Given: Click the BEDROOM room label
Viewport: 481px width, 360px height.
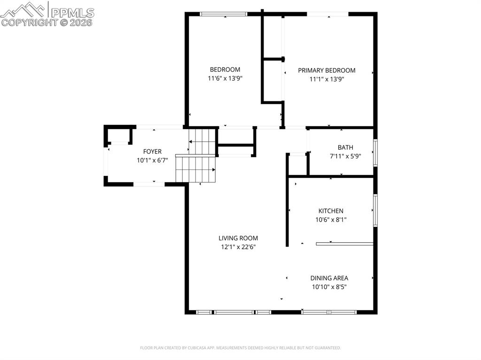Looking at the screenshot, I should coord(225,69).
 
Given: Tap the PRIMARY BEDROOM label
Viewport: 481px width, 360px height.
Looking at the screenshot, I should coord(326,70).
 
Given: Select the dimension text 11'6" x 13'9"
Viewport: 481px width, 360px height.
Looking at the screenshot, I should coord(225,79).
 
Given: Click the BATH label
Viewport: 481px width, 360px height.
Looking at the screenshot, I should coord(345,147).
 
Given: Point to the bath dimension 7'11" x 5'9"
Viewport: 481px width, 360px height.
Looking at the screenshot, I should coord(345,156).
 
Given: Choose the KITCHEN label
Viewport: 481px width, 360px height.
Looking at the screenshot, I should coord(331,211).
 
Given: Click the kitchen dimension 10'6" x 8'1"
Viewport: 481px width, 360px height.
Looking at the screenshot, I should coord(331,220).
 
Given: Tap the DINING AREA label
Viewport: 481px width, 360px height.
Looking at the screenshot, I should coord(329,278).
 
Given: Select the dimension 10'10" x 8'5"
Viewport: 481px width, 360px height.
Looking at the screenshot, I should coord(329,287).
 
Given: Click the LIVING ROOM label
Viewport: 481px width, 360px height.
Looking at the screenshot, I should coord(238,238).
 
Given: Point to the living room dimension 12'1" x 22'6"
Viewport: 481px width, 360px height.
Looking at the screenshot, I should coord(238,247).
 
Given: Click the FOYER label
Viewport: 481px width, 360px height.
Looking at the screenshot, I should coord(152,151).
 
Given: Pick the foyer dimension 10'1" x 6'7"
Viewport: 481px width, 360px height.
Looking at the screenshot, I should coord(152,160).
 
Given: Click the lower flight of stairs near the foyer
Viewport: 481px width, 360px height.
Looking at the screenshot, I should coord(195,169).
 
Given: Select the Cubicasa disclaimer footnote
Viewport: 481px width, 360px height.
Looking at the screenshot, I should coord(240,348).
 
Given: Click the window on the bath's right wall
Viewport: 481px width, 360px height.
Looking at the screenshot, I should coord(375,152).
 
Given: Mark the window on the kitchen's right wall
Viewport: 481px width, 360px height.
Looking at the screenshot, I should coord(375,210).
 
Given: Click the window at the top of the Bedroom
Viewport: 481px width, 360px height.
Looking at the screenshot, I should coord(224,14).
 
